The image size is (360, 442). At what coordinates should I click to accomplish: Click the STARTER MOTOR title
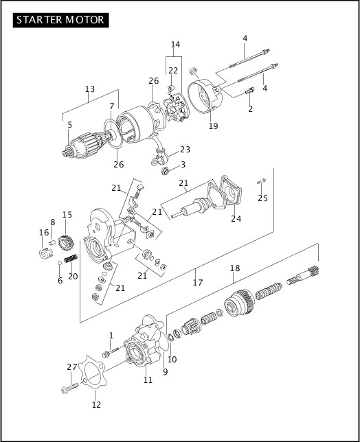(61, 19)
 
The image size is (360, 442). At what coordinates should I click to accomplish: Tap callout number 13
(90, 89)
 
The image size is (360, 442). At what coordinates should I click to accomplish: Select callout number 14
(175, 45)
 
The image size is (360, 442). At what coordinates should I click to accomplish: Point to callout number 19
(213, 126)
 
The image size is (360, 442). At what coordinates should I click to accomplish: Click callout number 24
(236, 220)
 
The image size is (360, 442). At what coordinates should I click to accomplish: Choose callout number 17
(197, 281)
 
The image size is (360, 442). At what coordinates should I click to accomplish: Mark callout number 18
(235, 268)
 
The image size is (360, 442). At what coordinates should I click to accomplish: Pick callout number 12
(96, 404)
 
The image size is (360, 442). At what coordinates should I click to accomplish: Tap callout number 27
(72, 367)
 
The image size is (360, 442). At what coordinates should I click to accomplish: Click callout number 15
(67, 215)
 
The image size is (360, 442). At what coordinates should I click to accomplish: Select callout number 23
(185, 150)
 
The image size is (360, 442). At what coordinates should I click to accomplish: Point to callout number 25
(263, 198)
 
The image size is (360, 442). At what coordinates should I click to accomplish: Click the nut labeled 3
(165, 170)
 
